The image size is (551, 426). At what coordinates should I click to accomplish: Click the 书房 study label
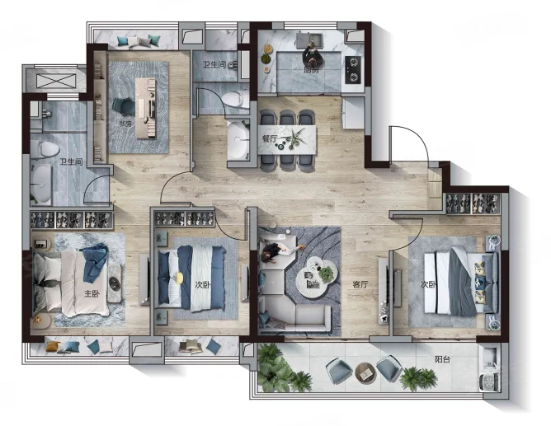[124, 124]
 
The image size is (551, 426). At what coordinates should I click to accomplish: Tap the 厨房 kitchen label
[311, 70]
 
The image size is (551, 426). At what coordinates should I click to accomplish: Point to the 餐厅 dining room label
[270, 138]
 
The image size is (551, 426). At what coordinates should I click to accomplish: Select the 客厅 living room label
[360, 284]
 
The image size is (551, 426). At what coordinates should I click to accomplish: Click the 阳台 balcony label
[442, 359]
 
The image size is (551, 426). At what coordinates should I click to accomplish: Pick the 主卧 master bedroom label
[92, 293]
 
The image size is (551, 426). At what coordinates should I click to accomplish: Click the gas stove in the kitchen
[353, 70]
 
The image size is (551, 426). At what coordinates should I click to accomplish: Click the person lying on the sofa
[280, 251]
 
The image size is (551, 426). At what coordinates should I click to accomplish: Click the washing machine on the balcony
[489, 382]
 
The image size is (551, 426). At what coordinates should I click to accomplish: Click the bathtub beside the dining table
[238, 139]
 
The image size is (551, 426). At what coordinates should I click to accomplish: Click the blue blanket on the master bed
[94, 261]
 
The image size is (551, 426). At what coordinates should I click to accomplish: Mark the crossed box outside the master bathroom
[56, 82]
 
